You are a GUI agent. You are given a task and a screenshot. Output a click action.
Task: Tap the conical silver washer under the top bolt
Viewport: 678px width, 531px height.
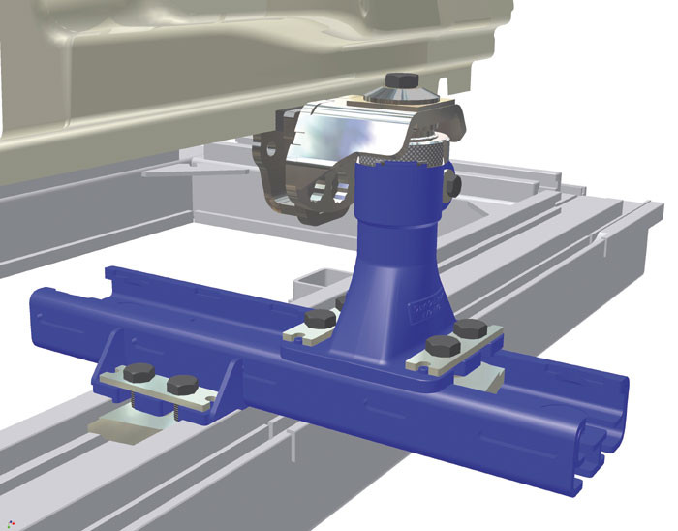[x=400, y=94]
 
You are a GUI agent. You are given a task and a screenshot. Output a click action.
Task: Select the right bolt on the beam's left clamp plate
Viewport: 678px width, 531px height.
[x=182, y=385]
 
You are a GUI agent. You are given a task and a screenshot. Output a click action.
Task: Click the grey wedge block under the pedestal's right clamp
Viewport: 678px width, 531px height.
[x=475, y=380]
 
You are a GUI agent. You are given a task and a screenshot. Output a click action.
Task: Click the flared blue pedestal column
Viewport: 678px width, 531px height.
[x=397, y=252]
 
